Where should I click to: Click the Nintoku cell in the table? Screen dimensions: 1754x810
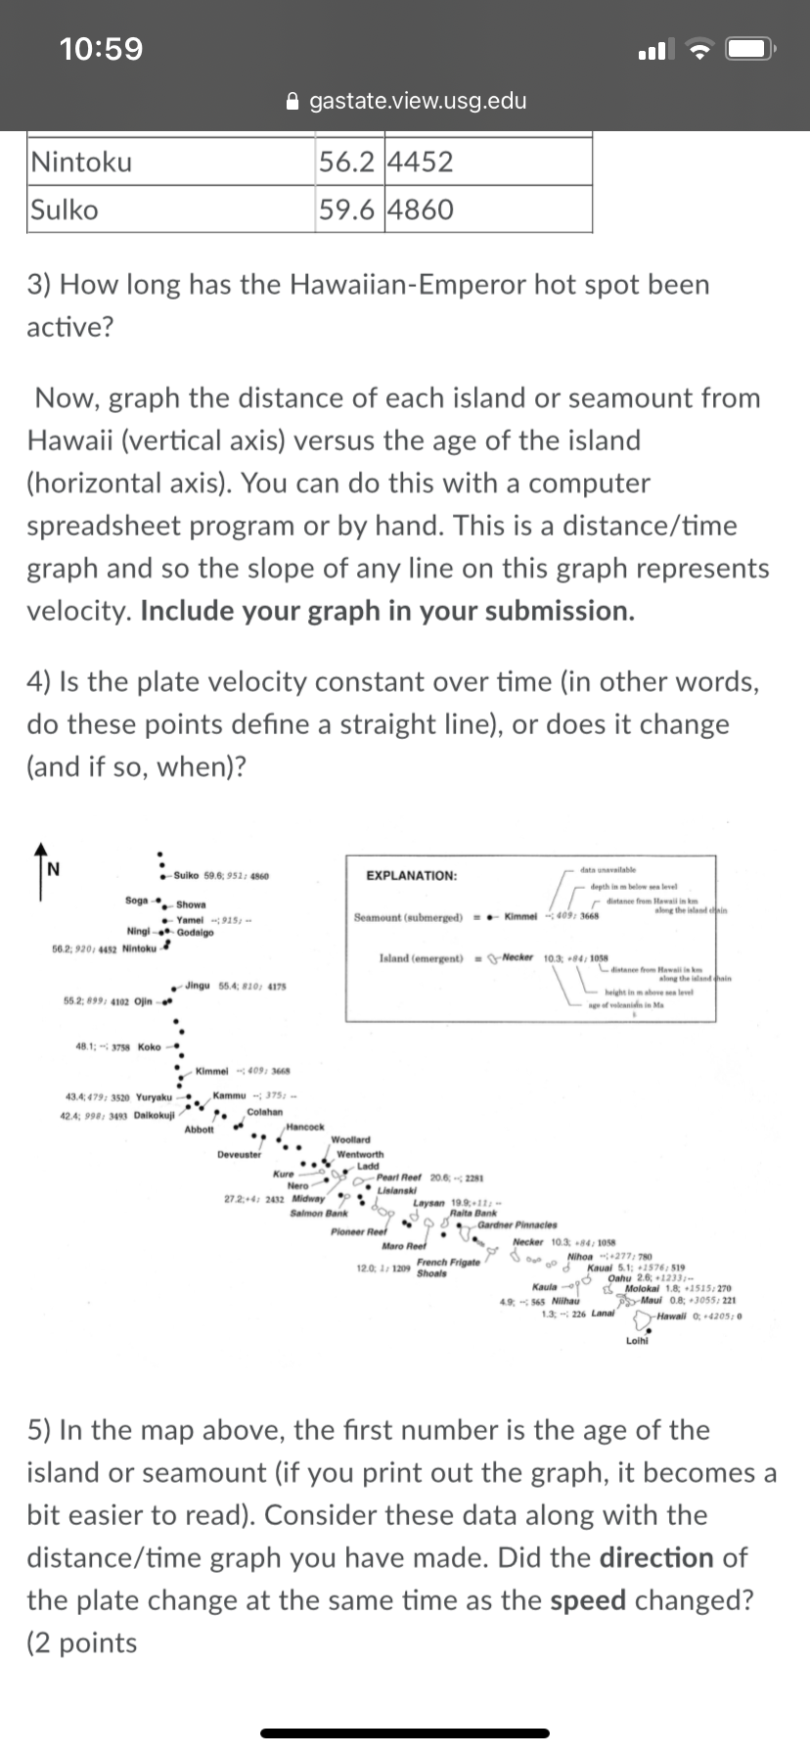pyautogui.click(x=81, y=162)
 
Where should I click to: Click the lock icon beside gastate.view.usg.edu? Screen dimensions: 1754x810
pyautogui.click(x=292, y=101)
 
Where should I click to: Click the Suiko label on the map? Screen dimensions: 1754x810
pyautogui.click(x=187, y=874)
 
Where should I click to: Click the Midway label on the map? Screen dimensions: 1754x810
pyautogui.click(x=310, y=1198)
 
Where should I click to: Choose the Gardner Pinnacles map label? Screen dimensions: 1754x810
pyautogui.click(x=517, y=1223)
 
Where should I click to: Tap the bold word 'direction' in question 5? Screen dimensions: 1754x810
pyautogui.click(x=658, y=1557)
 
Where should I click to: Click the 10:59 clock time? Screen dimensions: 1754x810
pyautogui.click(x=101, y=48)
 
